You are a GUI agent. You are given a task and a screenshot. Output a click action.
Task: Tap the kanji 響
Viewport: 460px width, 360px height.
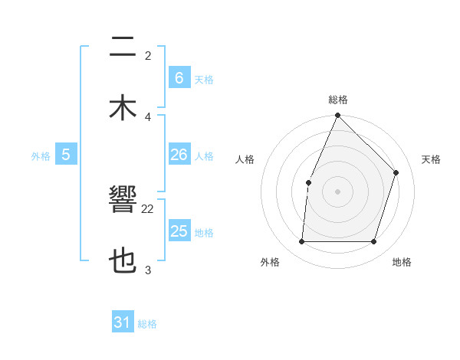point(123,203)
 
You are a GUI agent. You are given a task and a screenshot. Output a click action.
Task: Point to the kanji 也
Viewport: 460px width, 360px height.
point(123,261)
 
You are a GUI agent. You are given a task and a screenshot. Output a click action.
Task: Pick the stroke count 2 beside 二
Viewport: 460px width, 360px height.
point(148,55)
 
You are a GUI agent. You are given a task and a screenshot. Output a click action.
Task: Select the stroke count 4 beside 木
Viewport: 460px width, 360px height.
point(148,116)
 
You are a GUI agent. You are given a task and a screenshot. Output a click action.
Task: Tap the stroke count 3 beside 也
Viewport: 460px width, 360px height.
point(148,270)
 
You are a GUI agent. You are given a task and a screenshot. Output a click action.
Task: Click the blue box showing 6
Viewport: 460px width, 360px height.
point(179,78)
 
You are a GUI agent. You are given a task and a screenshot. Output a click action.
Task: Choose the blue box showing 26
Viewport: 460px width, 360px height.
point(179,155)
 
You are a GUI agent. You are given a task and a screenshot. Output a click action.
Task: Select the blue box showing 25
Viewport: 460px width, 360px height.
point(179,231)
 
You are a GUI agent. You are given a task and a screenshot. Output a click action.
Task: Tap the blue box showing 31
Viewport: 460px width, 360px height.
point(123,322)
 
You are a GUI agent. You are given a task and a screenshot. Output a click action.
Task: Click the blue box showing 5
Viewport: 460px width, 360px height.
point(66,155)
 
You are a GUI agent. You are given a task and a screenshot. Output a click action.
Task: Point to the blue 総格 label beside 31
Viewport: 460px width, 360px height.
point(147,324)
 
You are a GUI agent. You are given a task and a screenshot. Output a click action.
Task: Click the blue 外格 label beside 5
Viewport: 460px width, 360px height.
point(41,156)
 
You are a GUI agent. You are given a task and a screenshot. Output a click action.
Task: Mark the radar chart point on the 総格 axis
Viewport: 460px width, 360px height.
point(337,116)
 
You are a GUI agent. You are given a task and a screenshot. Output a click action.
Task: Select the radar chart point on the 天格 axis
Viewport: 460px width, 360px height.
point(396,172)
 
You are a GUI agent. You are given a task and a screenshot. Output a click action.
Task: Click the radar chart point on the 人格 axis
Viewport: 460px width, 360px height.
point(308,182)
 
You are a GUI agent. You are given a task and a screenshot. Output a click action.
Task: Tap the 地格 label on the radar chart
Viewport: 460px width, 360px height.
point(402,262)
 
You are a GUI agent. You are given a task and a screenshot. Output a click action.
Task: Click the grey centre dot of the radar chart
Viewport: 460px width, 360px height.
point(337,191)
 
